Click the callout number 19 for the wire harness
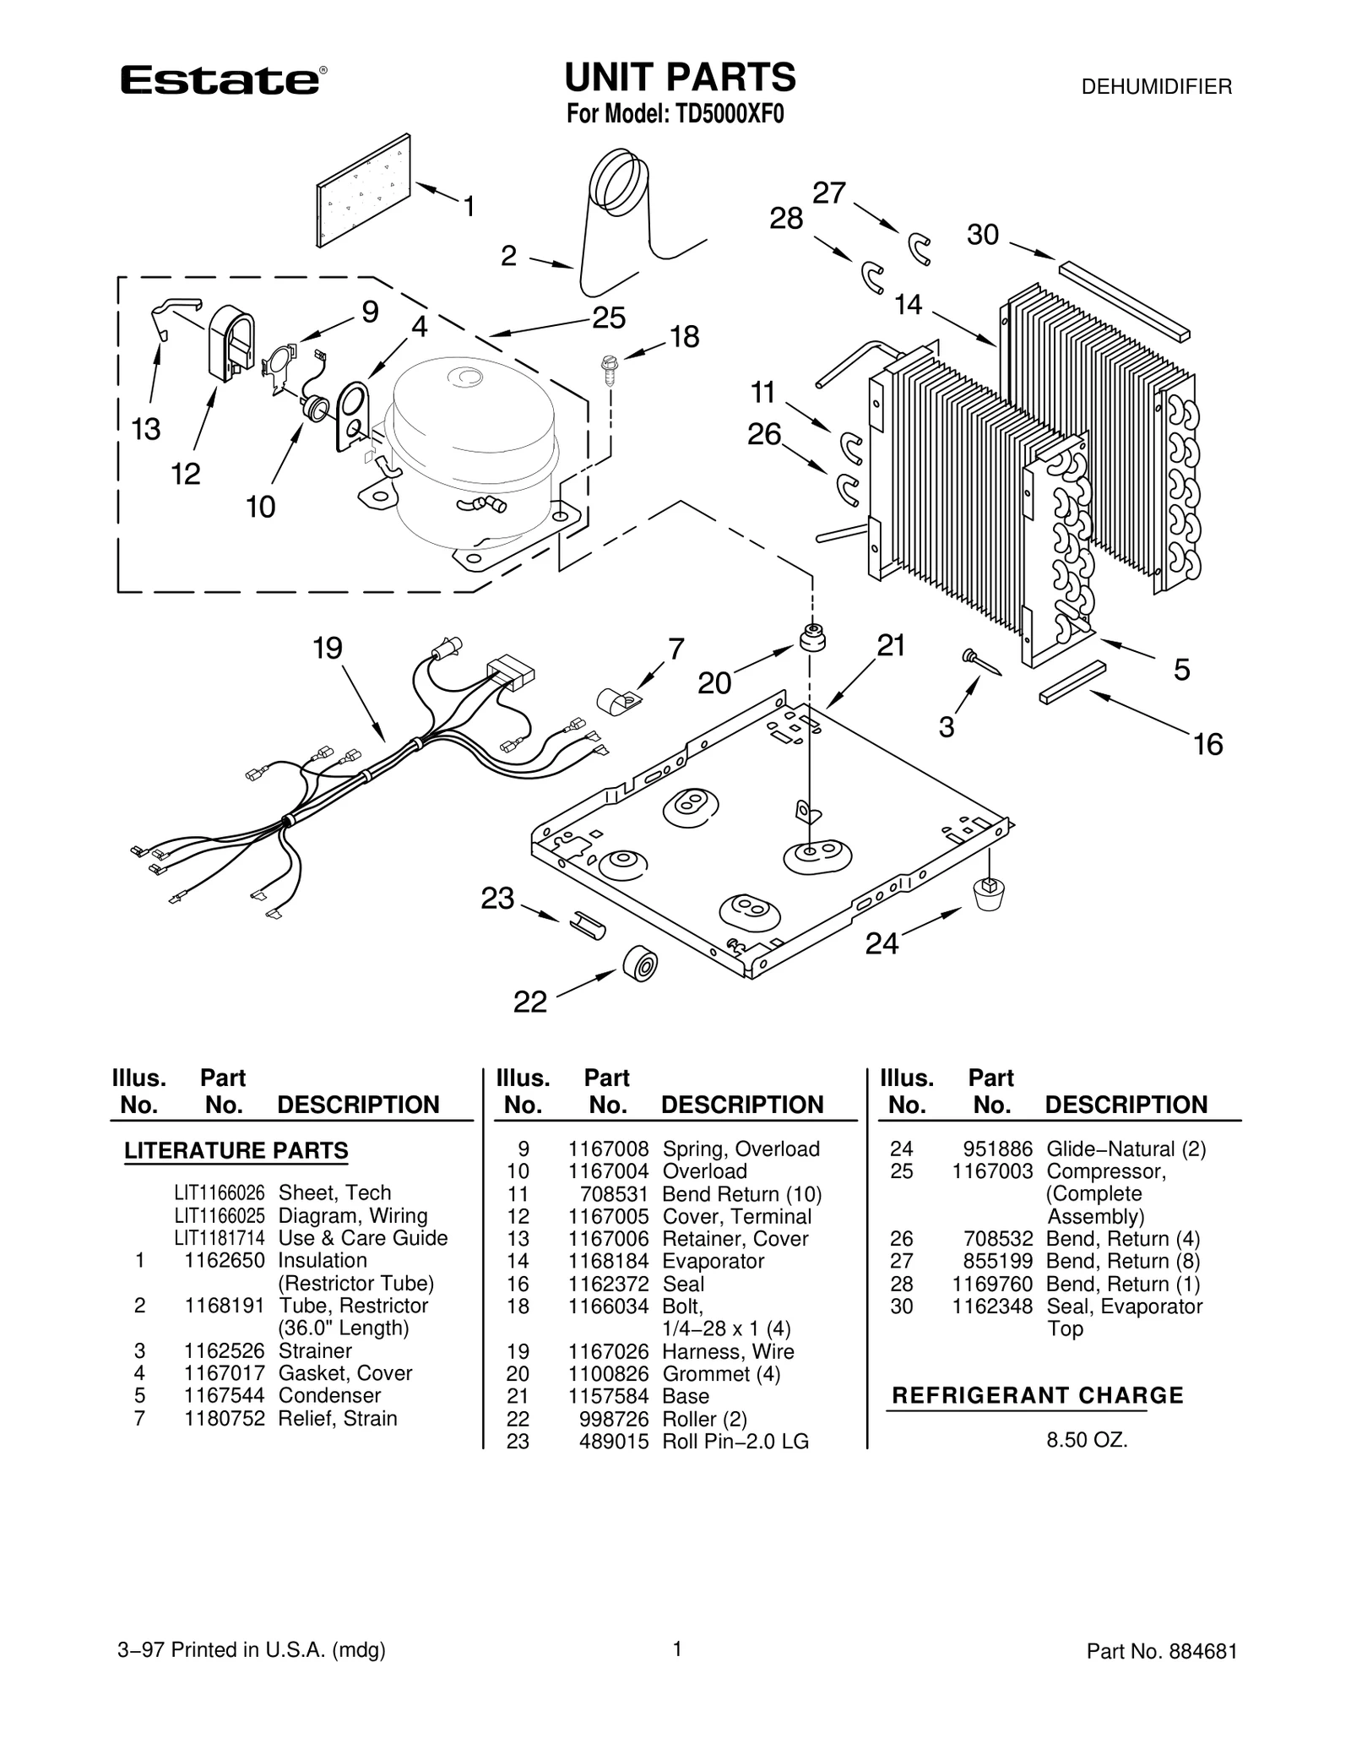click(328, 649)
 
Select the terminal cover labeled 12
click(231, 339)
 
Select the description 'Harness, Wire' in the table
click(728, 1351)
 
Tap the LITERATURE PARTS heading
click(236, 1150)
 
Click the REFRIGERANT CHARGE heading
click(1038, 1395)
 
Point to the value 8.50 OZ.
click(1087, 1440)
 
